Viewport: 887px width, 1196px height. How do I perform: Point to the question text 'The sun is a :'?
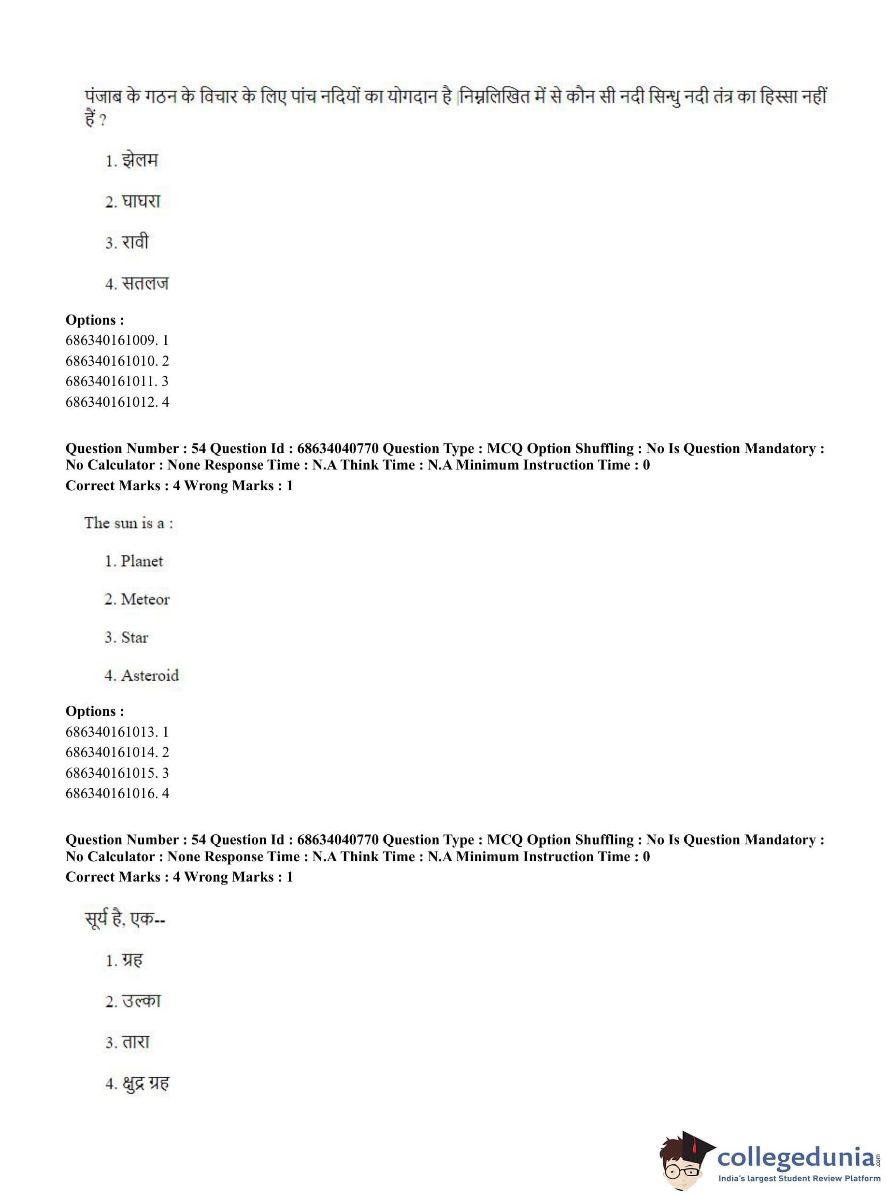tap(129, 523)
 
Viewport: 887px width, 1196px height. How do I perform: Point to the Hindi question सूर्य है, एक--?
tap(125, 919)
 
